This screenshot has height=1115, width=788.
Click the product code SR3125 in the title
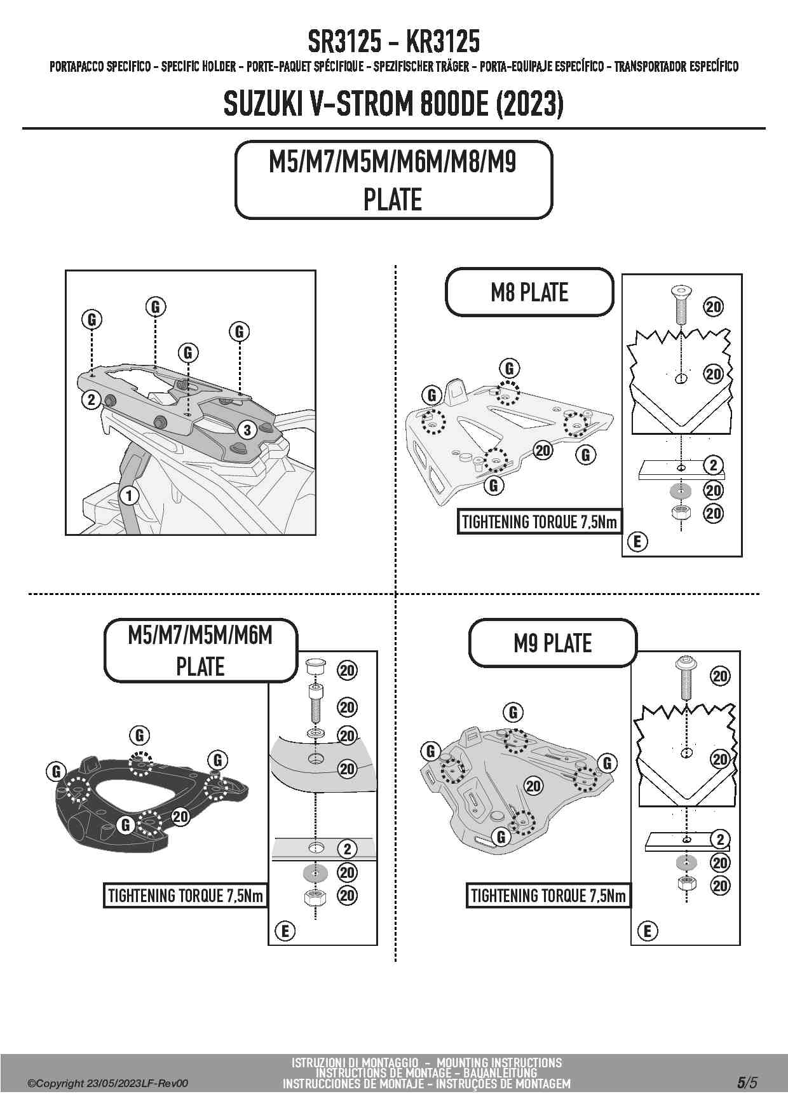click(x=345, y=43)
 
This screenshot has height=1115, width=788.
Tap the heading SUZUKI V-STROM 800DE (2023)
click(x=393, y=104)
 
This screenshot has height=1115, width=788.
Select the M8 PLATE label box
click(x=529, y=292)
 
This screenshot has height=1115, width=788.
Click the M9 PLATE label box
click(x=552, y=643)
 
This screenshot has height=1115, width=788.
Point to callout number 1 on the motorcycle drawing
click(x=129, y=495)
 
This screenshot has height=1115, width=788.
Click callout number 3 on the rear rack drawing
click(x=247, y=430)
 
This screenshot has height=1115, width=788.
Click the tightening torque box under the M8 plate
click(x=539, y=523)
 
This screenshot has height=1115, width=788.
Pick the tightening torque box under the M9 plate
click(x=548, y=896)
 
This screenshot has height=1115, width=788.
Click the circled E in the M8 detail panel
click(x=637, y=542)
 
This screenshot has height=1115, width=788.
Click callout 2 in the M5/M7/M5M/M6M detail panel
click(x=347, y=849)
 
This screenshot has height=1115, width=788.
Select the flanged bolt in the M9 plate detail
click(x=686, y=676)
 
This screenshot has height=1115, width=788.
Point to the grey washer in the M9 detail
click(x=686, y=863)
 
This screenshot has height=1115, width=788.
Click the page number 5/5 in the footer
click(x=747, y=1083)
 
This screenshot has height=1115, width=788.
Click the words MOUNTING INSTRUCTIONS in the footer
click(x=499, y=1063)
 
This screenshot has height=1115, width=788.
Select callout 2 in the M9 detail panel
click(x=720, y=839)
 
